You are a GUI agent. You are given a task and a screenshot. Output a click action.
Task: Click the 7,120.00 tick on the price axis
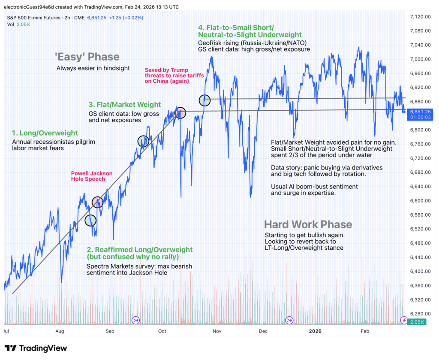pyautogui.click(x=420, y=17)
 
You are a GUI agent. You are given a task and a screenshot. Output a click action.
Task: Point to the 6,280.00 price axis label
pyautogui.click(x=420, y=314)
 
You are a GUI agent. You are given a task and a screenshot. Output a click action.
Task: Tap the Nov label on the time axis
pyautogui.click(x=216, y=331)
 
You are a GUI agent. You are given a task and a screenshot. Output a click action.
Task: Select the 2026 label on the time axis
pyautogui.click(x=315, y=331)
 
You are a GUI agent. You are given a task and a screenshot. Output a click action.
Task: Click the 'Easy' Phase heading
pyautogui.click(x=87, y=57)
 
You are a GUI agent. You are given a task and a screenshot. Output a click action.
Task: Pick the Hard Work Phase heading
pyautogui.click(x=308, y=224)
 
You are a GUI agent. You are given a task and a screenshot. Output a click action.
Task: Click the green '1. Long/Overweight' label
pyautogui.click(x=45, y=133)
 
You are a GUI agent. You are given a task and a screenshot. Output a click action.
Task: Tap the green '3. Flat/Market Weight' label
pyautogui.click(x=124, y=104)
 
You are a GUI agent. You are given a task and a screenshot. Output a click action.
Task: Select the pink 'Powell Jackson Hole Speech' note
pyautogui.click(x=92, y=176)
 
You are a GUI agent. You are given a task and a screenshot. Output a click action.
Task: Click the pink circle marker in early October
pyautogui.click(x=180, y=113)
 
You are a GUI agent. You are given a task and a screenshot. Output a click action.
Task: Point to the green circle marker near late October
pyautogui.click(x=205, y=100)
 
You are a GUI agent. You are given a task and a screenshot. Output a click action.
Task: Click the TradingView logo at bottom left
pyautogui.click(x=36, y=348)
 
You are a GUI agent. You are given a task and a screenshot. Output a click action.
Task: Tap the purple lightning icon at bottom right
pyautogui.click(x=403, y=320)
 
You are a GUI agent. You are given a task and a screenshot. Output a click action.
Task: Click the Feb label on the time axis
pyautogui.click(x=365, y=331)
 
